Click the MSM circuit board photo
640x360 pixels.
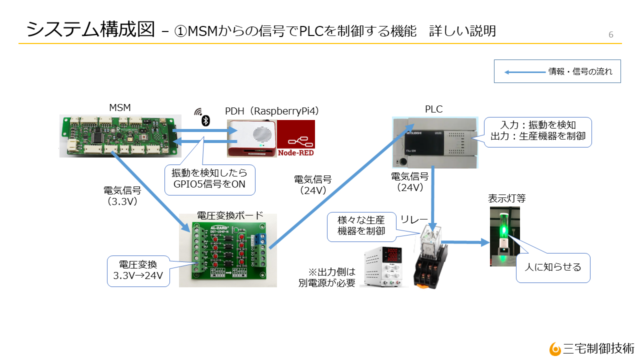[119, 135]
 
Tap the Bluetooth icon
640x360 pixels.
[205, 120]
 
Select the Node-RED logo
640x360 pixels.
[296, 138]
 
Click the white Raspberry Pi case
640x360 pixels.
[252, 138]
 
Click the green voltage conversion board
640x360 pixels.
[228, 250]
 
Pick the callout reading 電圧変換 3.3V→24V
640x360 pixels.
[137, 270]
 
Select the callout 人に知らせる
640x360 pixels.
[553, 267]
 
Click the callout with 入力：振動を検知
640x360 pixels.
[537, 131]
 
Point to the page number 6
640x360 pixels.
[610, 34]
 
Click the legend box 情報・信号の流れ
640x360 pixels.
[557, 71]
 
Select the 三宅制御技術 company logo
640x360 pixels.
[592, 348]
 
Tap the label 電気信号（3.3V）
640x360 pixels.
[122, 196]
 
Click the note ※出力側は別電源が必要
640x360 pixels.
[331, 277]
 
